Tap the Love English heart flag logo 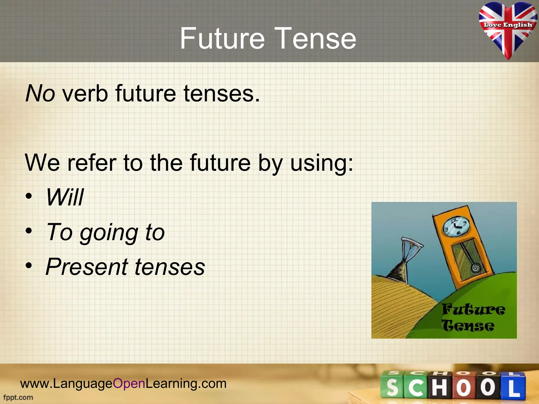point(508,29)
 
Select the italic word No point(40,93)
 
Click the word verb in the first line point(85,93)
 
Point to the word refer point(92,163)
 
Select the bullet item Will point(65,197)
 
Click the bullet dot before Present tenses point(29,266)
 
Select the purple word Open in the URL point(129,383)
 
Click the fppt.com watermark point(18,397)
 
